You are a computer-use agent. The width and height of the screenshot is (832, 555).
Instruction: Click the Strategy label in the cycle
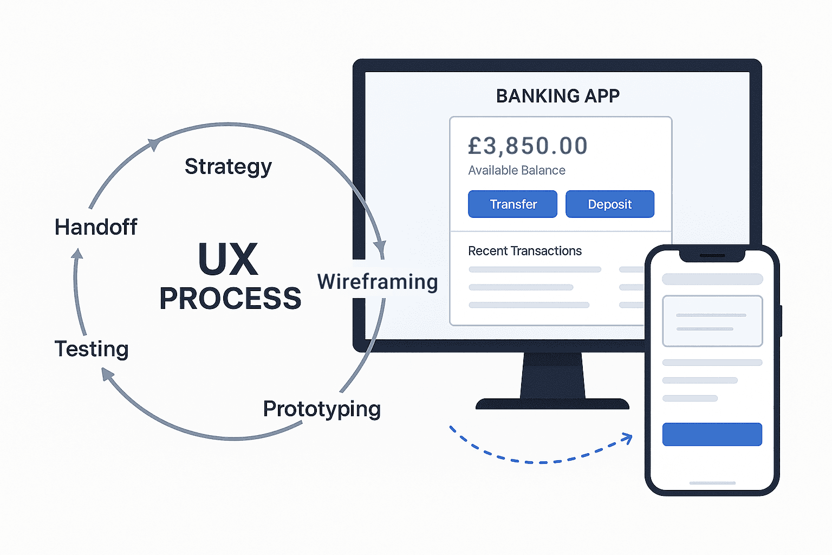point(228,166)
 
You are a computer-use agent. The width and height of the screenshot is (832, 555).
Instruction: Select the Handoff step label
point(96,227)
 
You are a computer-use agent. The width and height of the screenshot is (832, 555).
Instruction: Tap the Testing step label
point(92,349)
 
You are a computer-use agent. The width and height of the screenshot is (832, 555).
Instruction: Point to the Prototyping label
point(322,409)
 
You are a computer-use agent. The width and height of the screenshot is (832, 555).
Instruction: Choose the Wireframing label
point(378,282)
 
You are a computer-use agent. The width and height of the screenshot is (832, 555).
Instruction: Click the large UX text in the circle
point(228,260)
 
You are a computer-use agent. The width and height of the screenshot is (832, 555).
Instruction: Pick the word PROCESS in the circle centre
point(230,299)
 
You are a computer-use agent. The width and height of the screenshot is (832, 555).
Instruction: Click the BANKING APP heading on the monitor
point(558,96)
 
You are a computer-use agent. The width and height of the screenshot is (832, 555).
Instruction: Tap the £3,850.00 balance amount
point(528,146)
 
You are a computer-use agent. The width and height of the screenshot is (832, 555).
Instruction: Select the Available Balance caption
point(517,170)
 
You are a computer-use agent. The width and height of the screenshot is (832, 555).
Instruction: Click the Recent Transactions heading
point(525,251)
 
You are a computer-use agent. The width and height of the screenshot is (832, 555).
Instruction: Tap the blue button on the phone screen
point(712,434)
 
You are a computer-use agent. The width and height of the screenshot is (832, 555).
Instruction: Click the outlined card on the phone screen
point(712,321)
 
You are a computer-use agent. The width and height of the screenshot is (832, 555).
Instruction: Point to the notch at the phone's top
point(712,255)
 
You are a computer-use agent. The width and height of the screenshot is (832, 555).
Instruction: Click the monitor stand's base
point(552,404)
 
